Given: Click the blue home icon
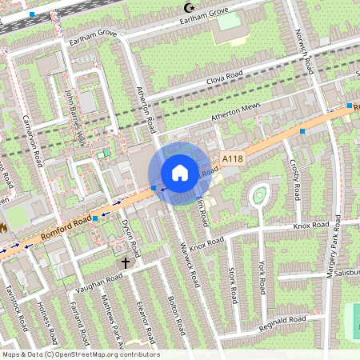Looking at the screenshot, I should [x=180, y=172].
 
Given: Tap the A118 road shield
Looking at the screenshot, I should [x=233, y=159].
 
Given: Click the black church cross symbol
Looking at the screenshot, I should [x=125, y=262].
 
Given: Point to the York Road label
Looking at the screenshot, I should [x=262, y=277].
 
